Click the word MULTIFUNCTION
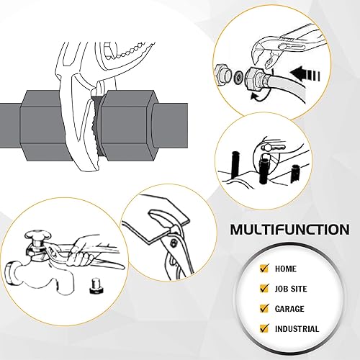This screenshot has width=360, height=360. (x=290, y=230)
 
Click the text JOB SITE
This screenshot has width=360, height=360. (x=292, y=289)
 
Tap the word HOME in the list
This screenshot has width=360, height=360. (x=286, y=269)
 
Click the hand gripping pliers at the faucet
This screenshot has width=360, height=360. (x=84, y=251)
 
